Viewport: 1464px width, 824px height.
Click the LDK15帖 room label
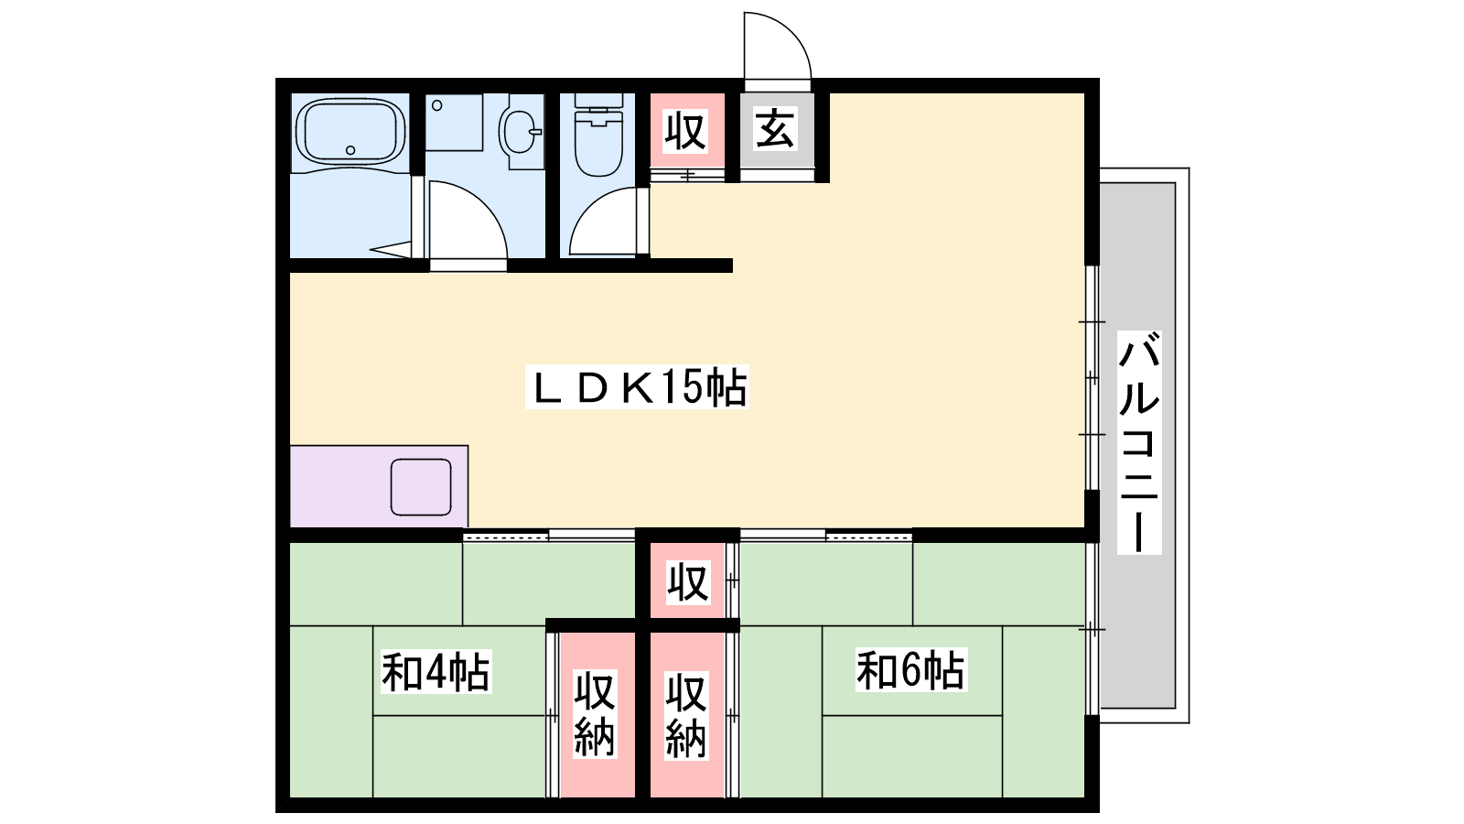pyautogui.click(x=637, y=387)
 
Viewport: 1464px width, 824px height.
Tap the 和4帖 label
pyautogui.click(x=436, y=671)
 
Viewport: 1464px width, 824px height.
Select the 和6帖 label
pyautogui.click(x=911, y=669)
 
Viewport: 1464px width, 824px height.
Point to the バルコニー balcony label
pyautogui.click(x=1139, y=443)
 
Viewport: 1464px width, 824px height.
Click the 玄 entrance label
pyautogui.click(x=776, y=129)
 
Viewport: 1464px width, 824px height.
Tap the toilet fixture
pyautogui.click(x=598, y=136)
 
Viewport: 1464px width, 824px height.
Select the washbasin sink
pyautogui.click(x=521, y=132)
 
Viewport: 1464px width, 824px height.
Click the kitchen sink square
pyautogui.click(x=421, y=487)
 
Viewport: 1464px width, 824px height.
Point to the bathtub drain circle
pyautogui.click(x=350, y=150)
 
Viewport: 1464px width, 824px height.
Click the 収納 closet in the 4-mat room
pyautogui.click(x=595, y=714)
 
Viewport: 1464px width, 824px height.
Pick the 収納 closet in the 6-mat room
pyautogui.click(x=686, y=715)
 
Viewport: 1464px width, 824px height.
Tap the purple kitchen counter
pyautogui.click(x=379, y=486)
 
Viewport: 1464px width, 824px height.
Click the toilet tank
pyautogui.click(x=598, y=102)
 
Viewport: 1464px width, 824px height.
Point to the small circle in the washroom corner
pyautogui.click(x=437, y=105)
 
